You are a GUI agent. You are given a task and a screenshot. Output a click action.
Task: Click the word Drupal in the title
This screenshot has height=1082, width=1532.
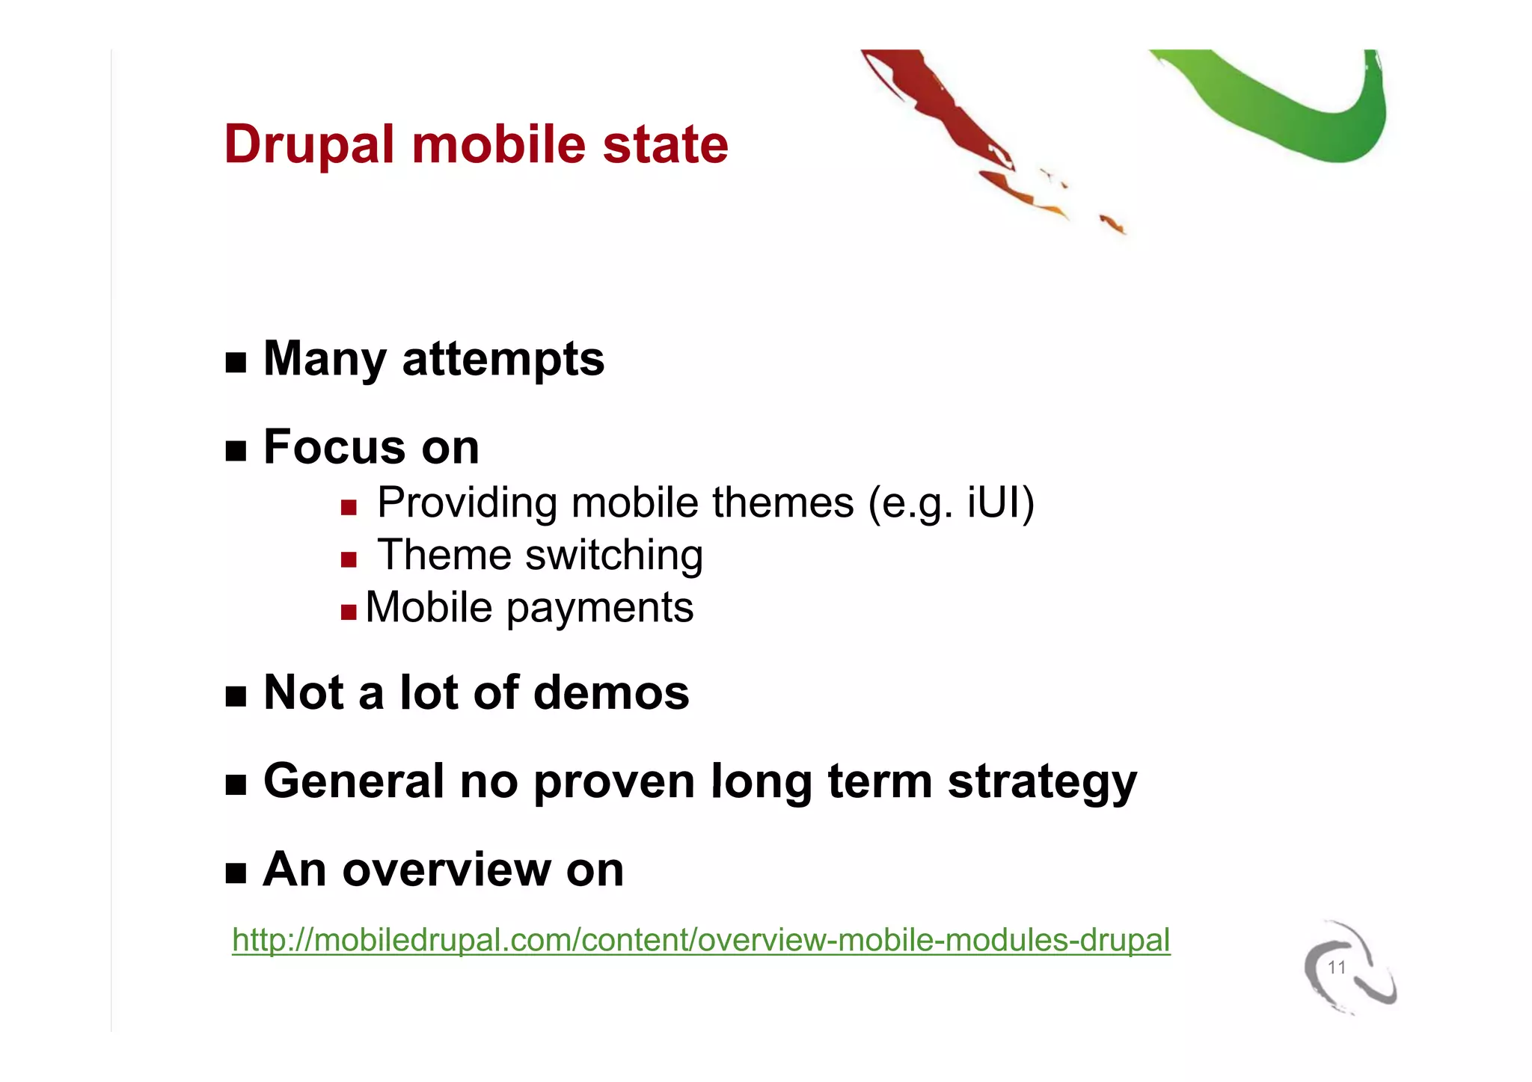pos(308,144)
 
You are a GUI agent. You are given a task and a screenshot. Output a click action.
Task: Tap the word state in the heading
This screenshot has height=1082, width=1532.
pos(665,144)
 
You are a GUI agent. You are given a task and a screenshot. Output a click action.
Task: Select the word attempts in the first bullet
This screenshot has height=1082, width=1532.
pos(503,359)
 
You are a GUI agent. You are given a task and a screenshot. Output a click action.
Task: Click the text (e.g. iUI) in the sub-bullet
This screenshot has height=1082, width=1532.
pos(951,502)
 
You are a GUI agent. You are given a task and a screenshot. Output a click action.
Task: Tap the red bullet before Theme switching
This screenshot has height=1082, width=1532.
pos(349,560)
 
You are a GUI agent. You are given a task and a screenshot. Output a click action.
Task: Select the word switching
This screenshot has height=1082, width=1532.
pos(613,556)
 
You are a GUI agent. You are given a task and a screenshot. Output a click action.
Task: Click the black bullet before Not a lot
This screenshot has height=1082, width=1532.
pos(236,697)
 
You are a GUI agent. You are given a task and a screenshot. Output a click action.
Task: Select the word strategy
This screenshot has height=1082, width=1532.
pos(1041,782)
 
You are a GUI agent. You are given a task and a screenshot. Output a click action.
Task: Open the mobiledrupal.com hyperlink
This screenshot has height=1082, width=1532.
pos(700,940)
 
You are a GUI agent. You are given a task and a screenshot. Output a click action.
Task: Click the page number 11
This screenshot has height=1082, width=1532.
pos(1336,968)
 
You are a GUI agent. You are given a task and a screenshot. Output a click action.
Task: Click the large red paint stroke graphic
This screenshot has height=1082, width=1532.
pos(943,112)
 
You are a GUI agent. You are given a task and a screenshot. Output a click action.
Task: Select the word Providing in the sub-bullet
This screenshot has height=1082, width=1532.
pos(467,502)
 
